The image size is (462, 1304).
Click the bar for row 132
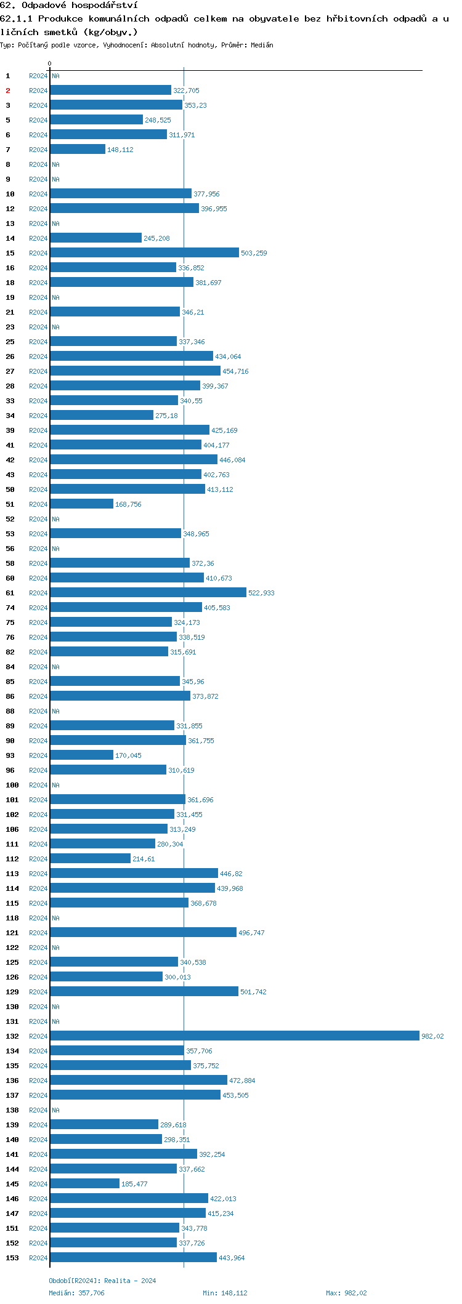coord(234,1036)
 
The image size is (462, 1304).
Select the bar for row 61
coord(148,593)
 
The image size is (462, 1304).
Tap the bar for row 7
coord(78,150)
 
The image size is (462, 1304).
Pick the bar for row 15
coord(144,253)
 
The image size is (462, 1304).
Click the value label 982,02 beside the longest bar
coord(432,1037)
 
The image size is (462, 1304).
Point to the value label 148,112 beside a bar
coord(120,150)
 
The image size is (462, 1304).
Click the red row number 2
coord(8,91)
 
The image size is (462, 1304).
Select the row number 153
coord(12,1258)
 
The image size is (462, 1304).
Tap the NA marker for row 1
coord(55,76)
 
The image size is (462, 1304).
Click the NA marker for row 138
coord(55,1110)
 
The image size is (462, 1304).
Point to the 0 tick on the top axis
coord(50,64)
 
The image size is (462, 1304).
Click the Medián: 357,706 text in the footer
coord(76,1293)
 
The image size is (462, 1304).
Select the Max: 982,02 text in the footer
coord(346,1293)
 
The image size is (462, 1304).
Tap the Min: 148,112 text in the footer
coord(225,1293)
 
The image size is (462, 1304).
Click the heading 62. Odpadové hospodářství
coord(69,6)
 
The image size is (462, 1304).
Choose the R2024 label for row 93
coord(38,755)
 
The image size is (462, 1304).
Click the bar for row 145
coord(84,1184)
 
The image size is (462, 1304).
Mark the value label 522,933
coord(261,594)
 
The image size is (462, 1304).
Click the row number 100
coord(12,785)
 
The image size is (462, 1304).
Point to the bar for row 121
coord(143,933)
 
